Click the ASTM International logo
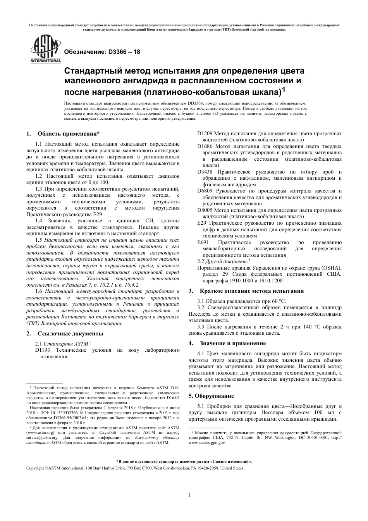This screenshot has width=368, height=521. (45, 48)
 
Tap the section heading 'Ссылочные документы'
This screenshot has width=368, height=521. (70, 334)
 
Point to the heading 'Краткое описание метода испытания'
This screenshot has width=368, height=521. (252, 291)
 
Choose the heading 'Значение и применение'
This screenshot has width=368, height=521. (233, 343)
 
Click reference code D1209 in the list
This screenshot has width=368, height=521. (205, 134)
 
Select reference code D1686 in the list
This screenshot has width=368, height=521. (205, 146)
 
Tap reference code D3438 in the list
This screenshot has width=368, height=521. (205, 172)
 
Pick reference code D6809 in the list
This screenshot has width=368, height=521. (205, 191)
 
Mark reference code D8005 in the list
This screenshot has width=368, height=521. (205, 210)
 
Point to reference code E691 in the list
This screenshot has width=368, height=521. (203, 242)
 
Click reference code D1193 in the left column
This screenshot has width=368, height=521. (43, 350)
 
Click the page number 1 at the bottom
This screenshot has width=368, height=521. (189, 495)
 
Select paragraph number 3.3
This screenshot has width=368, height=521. (201, 327)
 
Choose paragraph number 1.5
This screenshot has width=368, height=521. (39, 240)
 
